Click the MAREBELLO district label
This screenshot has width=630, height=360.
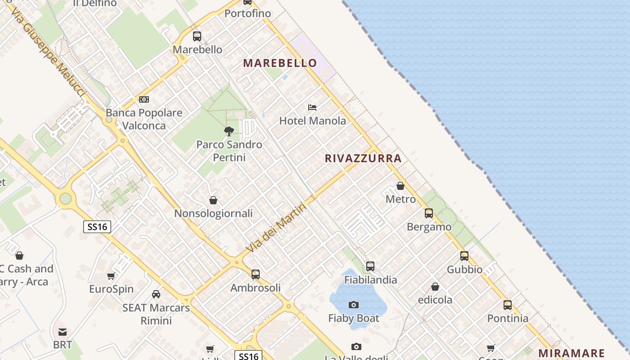point(280,63)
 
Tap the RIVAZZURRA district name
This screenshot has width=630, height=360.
point(363,158)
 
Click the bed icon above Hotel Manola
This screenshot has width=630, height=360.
point(312,108)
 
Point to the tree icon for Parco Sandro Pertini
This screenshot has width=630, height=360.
point(229,131)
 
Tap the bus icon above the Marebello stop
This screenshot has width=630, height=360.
point(197,36)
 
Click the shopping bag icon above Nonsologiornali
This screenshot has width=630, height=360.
point(213,200)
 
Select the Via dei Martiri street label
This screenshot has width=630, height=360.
point(276,228)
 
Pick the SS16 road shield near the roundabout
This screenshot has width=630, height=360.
point(97,226)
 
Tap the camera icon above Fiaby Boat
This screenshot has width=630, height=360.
point(354,305)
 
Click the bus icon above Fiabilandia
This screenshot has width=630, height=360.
point(370,266)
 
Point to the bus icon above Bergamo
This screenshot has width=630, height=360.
point(429,213)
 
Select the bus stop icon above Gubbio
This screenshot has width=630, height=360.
point(464,256)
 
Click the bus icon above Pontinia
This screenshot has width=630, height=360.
point(508,305)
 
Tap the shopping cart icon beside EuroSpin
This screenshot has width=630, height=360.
point(111,276)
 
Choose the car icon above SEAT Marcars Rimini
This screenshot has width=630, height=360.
point(156,294)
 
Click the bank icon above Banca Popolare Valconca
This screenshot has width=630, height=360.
point(144,99)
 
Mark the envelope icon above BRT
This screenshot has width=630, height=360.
point(63,332)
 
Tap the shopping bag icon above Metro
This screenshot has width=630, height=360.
point(400,186)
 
